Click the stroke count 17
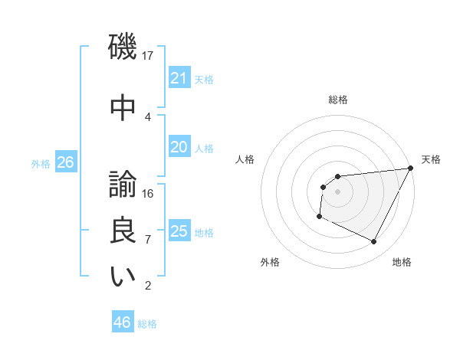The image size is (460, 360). [148, 55]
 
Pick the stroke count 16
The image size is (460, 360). [148, 193]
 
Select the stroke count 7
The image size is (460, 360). [148, 239]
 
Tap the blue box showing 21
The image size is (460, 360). [179, 78]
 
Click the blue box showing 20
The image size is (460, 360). [179, 147]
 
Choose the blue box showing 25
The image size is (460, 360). [179, 231]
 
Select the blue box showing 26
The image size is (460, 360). [65, 162]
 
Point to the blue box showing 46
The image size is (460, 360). [122, 322]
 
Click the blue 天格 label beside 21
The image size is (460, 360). [204, 79]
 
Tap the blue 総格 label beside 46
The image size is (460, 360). [147, 323]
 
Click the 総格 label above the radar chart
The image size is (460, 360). [337, 100]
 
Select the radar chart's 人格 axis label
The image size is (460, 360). [245, 159]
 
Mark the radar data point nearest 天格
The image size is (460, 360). [412, 169]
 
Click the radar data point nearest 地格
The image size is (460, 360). [374, 242]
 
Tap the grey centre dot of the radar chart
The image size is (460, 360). [337, 191]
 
